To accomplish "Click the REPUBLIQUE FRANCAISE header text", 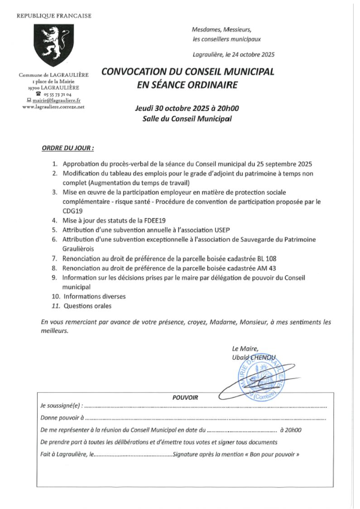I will point(54,16).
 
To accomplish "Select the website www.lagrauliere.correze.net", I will point(53,107).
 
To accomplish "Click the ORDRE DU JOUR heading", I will point(68,148).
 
